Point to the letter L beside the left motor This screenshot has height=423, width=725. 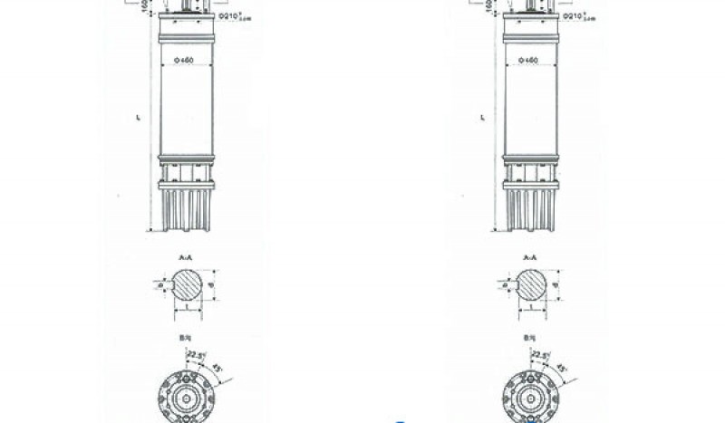138,118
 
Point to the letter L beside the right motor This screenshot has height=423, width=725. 481,118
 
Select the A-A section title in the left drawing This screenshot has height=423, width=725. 185,258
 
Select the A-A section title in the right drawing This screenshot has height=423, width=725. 528,258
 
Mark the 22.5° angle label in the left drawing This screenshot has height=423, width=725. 194,354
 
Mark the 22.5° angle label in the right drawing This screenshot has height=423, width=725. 537,354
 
